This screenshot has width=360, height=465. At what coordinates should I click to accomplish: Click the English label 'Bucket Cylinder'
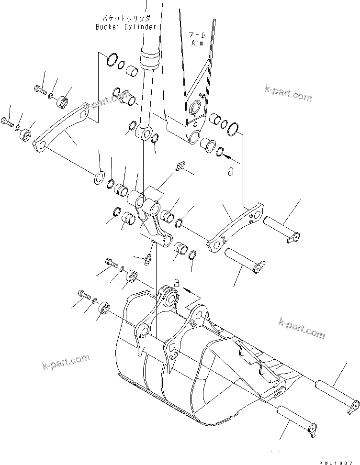pyautogui.click(x=125, y=27)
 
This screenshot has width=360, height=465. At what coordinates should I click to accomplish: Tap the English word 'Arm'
pyautogui.click(x=197, y=43)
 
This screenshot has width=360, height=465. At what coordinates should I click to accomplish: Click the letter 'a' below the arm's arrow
pyautogui.click(x=231, y=171)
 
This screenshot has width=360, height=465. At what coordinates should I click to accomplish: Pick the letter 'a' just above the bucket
pyautogui.click(x=177, y=284)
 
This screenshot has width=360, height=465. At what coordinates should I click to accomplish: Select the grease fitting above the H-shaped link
pyautogui.click(x=180, y=166)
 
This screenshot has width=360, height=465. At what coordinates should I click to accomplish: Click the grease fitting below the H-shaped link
pyautogui.click(x=147, y=259)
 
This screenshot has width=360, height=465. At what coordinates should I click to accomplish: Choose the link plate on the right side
pyautogui.click(x=236, y=227)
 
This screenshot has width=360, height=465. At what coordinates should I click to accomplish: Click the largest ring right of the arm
pyautogui.click(x=234, y=128)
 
